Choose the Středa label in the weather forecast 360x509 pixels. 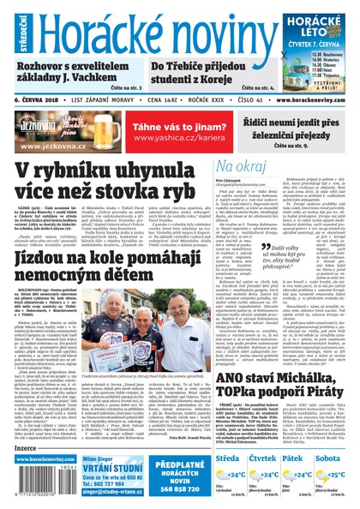(x=228, y=458)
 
